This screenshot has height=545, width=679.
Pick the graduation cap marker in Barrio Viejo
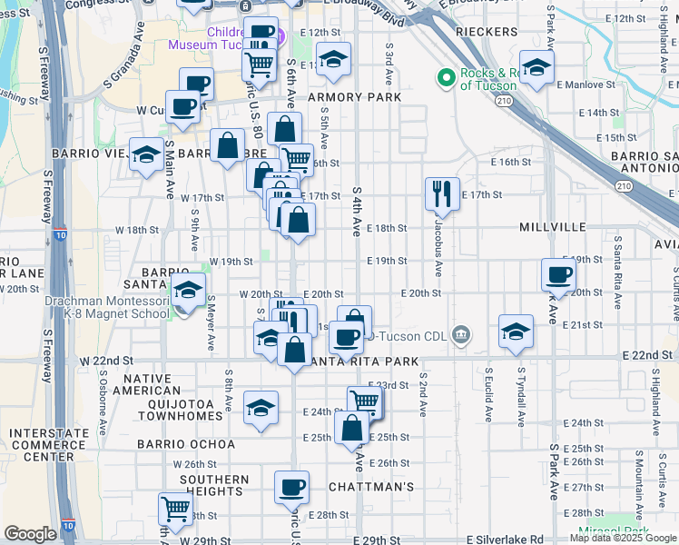145,154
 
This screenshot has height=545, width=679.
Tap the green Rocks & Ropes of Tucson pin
445,78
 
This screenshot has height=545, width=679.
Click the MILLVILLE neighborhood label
552,226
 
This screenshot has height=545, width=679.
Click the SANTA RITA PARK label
363,362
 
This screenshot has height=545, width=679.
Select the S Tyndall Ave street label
521,397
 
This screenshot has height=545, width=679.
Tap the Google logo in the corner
30,534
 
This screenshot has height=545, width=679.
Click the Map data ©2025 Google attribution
622,539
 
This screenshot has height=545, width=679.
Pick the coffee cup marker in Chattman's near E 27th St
291,488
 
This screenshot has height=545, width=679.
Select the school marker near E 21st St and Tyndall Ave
516,332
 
